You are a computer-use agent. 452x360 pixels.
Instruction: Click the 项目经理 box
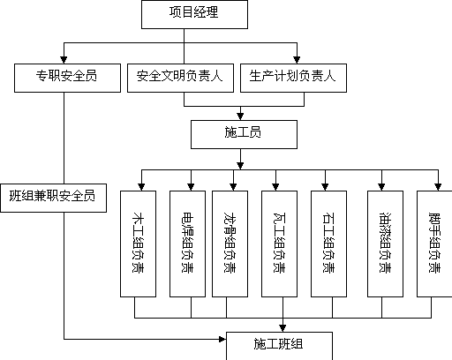click(194, 14)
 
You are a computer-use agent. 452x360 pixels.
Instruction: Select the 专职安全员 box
click(67, 78)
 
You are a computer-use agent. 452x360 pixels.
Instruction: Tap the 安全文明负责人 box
click(180, 78)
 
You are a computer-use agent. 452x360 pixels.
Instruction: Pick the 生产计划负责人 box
click(293, 78)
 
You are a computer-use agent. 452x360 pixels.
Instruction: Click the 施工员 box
click(244, 134)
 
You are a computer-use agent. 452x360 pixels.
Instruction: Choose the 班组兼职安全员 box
click(53, 198)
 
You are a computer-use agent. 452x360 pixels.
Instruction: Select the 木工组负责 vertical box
click(138, 244)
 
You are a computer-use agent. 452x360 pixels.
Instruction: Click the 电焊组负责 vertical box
click(187, 244)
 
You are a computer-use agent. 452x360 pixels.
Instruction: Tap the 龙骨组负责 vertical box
click(230, 244)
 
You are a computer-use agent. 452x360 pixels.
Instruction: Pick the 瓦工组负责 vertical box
click(279, 244)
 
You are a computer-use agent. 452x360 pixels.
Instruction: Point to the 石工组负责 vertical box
click(328, 244)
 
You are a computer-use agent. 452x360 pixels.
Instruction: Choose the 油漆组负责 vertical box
click(385, 244)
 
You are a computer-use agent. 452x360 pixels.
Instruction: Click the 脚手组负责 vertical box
click(434, 244)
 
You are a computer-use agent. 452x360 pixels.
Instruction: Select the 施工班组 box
click(279, 346)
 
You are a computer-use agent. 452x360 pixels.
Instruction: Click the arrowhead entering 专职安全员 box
click(64, 60)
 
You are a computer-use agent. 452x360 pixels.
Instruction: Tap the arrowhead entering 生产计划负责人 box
click(297, 60)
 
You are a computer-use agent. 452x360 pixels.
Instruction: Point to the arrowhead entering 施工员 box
click(240, 116)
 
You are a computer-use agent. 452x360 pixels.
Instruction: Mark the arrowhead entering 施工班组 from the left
click(222, 339)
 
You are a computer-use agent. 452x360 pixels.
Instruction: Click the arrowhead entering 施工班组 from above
click(282, 328)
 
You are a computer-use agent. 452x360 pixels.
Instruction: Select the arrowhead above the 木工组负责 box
click(141, 187)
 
